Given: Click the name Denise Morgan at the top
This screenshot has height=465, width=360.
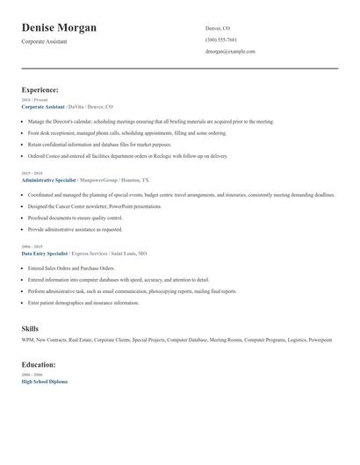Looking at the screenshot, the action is click(59, 28).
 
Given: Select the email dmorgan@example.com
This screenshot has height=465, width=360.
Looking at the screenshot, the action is click(230, 52).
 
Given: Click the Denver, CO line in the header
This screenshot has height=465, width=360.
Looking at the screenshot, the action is click(218, 28).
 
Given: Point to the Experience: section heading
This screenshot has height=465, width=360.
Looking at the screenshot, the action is click(40, 89).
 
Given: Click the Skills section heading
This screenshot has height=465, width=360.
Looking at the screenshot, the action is click(30, 328).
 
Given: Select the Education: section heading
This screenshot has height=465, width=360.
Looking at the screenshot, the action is click(39, 364).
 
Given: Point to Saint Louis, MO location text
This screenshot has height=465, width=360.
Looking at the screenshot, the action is click(129, 253).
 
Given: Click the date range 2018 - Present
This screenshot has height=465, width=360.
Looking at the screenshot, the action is click(33, 100).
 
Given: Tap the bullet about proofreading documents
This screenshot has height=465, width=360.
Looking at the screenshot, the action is click(76, 218).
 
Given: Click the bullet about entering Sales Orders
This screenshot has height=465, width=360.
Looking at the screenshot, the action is click(71, 268).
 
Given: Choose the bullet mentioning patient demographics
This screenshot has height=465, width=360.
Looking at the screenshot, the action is click(83, 303).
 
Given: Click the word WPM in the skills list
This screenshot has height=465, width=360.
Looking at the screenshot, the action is click(28, 340).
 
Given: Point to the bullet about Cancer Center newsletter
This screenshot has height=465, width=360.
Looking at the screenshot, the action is click(95, 206).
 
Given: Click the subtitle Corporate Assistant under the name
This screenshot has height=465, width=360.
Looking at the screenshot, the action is click(46, 42).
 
